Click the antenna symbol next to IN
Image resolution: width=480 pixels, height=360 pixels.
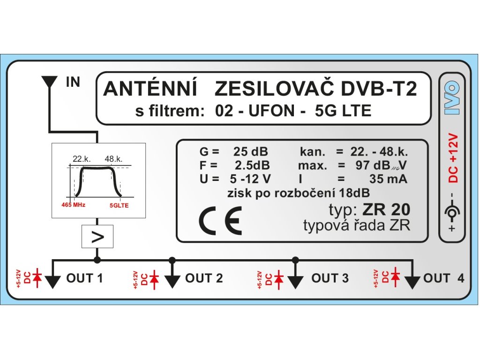49,83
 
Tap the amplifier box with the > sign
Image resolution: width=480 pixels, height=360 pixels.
97,237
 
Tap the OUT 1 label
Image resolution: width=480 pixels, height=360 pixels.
84,278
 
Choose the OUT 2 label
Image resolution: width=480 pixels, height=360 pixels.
204,278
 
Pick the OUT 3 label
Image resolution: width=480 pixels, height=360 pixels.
330,278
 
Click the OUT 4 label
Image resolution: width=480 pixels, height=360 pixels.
443,278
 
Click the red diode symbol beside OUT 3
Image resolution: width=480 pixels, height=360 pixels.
279,278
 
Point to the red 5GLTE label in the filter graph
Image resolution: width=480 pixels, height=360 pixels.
119,205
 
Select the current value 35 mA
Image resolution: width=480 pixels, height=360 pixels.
387,179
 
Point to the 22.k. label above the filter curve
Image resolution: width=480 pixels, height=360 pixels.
81,158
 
